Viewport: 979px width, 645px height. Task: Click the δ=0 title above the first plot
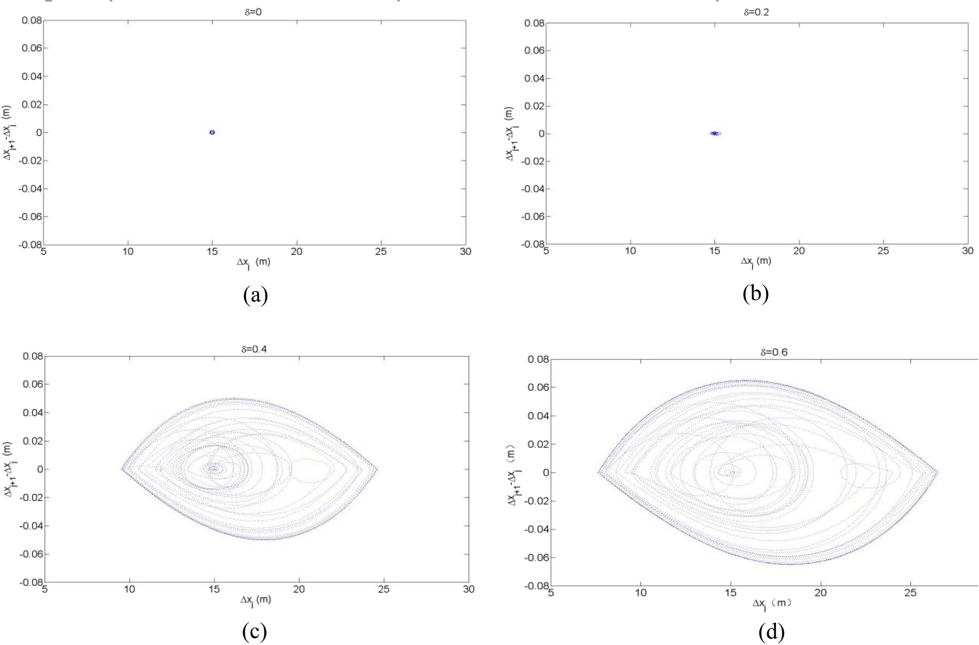pos(253,12)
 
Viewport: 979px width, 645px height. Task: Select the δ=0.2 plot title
pos(756,12)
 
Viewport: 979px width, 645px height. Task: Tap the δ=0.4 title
pos(254,349)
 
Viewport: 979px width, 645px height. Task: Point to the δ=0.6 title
pos(774,352)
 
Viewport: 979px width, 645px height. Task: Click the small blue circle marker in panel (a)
pos(212,132)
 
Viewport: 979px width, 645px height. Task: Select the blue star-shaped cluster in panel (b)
pos(715,133)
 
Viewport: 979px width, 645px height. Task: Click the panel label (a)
pos(255,295)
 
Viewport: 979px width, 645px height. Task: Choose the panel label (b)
pos(755,293)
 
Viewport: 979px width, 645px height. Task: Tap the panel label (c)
pos(254,632)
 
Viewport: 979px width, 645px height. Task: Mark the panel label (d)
pos(772,632)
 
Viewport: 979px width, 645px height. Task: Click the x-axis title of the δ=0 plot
pos(253,262)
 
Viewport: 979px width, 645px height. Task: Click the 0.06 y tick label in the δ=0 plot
pos(31,48)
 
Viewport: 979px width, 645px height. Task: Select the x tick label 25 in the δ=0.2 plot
pos(883,251)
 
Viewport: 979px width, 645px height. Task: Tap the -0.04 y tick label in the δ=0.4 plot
pos(31,526)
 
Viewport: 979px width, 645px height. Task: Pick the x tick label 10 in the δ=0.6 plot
pos(640,593)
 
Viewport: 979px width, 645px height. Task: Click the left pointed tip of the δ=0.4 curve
pos(122,469)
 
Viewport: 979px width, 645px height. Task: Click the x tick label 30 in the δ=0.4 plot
pos(469,589)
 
